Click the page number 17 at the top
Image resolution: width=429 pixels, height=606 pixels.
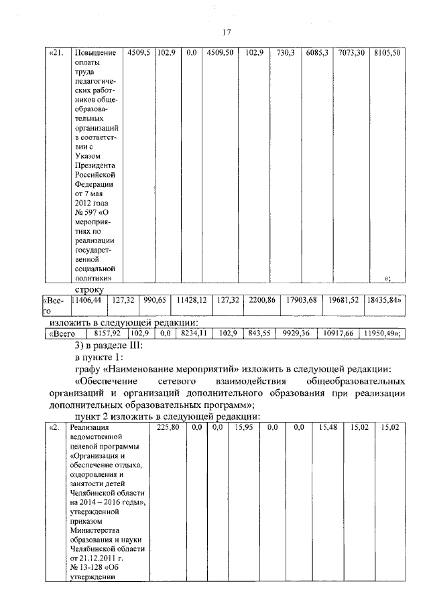(227, 31)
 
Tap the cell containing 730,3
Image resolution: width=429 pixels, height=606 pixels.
(286, 53)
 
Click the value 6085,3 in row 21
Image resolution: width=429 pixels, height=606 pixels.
(316, 53)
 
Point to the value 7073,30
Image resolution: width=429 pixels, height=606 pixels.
(351, 53)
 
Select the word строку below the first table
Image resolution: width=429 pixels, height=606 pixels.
(88, 289)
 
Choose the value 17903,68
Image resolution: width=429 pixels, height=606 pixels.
(300, 301)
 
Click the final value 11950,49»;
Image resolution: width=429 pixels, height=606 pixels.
(381, 333)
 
